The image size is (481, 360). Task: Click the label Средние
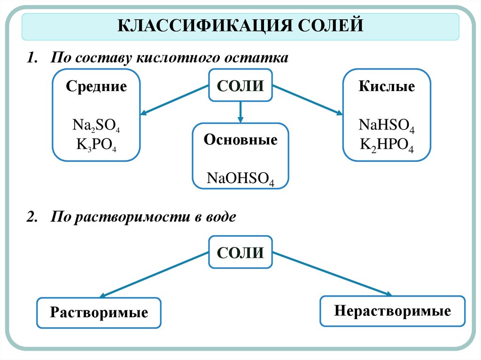coord(96,87)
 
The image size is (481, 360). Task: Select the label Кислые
coord(387,87)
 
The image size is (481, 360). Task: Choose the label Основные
coord(240,140)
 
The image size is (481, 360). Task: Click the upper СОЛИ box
coord(240,85)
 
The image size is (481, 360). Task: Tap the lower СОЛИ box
coord(240,252)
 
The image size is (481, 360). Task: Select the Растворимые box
coord(99,312)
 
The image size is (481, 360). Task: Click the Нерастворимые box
coord(393,311)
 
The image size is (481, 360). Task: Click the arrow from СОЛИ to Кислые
coord(308,100)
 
